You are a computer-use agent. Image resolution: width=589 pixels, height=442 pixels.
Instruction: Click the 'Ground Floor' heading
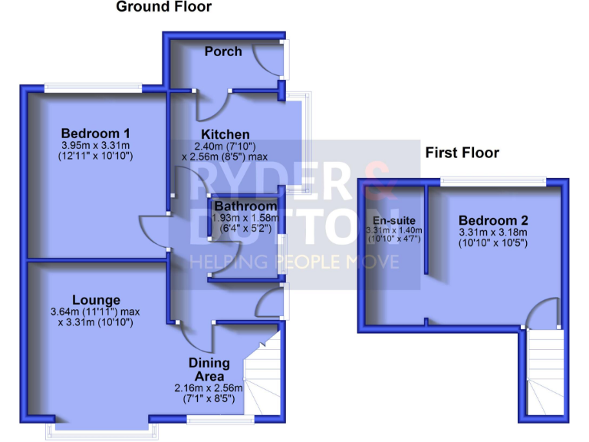click(163, 8)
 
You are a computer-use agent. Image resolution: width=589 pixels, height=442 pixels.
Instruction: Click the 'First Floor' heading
click(462, 153)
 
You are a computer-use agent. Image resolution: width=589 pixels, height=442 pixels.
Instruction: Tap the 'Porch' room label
click(223, 51)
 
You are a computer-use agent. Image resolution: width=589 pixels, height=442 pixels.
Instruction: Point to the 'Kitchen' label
click(225, 134)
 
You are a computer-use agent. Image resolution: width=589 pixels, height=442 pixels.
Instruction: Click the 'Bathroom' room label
click(245, 206)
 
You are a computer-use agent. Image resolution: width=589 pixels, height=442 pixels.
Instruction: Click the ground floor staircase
click(262, 376)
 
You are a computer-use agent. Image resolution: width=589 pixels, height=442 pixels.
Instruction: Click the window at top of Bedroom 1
click(93, 87)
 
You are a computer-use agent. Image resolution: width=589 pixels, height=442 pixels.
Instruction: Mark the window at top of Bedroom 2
click(493, 181)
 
